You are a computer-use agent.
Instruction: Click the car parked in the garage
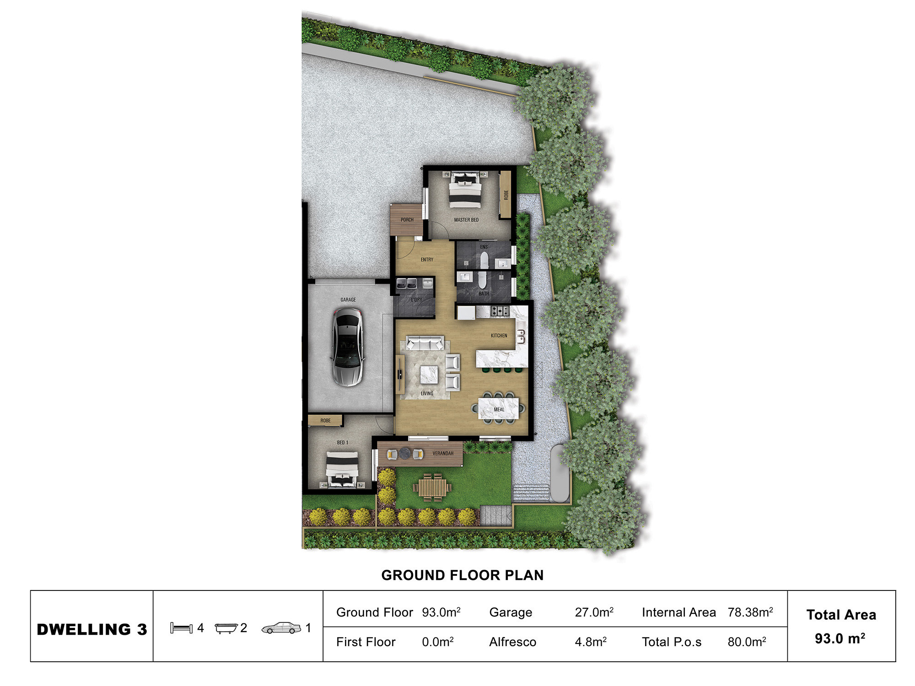(x=348, y=347)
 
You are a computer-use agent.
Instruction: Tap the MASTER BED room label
(x=466, y=220)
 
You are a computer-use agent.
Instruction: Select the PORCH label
(x=407, y=220)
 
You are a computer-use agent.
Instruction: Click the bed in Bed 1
(x=342, y=469)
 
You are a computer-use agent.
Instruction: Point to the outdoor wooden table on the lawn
(x=432, y=488)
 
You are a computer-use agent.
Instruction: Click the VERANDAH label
(x=443, y=454)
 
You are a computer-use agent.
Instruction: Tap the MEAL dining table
(x=499, y=408)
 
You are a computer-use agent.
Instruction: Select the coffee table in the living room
(x=429, y=375)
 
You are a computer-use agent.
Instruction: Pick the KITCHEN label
(x=499, y=336)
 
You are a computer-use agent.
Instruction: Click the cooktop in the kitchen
(x=500, y=311)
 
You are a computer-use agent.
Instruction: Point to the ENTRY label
(x=427, y=260)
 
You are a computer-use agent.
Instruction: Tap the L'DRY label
(x=416, y=300)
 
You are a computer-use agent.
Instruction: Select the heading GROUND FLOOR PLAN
(x=462, y=575)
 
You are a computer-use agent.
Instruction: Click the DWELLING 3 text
(x=92, y=629)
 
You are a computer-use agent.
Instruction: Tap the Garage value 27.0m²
(x=594, y=612)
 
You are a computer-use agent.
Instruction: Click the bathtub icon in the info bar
(x=226, y=628)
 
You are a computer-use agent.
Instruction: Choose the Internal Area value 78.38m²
(x=750, y=612)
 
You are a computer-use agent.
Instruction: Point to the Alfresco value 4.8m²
(x=591, y=642)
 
